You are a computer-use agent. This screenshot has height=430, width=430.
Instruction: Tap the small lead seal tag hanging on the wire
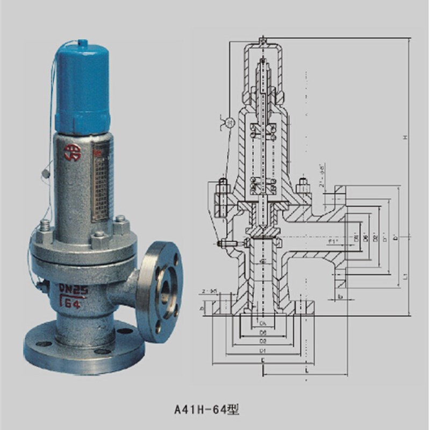click(45, 174)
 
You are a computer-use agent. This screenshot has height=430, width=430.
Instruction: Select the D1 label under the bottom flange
click(263, 350)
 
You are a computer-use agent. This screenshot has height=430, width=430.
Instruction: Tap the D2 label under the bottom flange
click(263, 341)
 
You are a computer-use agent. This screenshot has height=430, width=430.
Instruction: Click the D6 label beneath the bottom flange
click(263, 333)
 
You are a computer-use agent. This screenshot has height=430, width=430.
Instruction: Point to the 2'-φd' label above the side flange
click(321, 175)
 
